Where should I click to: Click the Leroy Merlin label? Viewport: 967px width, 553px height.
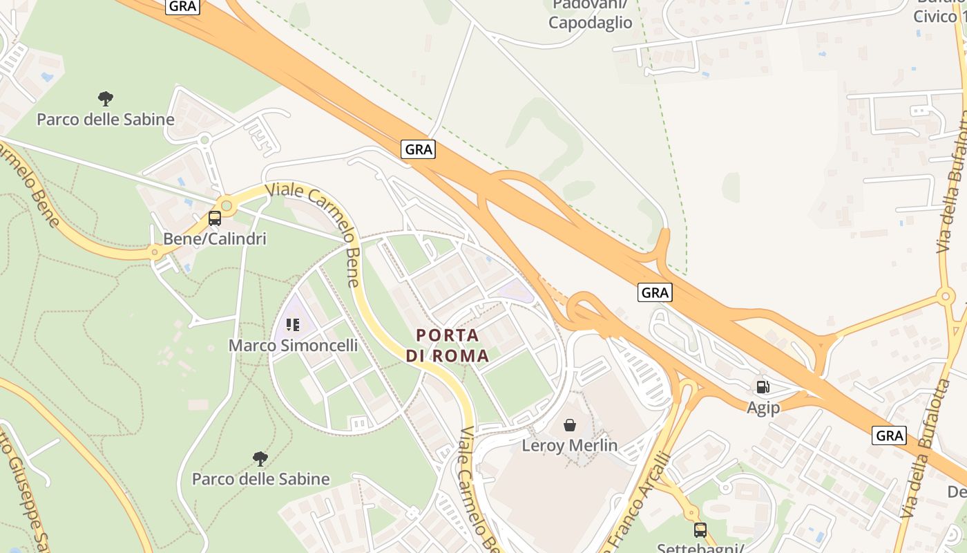tap(569, 446)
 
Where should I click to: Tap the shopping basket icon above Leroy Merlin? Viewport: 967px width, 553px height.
tap(569, 424)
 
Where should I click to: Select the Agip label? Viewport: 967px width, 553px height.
tap(763, 408)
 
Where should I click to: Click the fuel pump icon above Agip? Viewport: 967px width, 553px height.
tap(763, 387)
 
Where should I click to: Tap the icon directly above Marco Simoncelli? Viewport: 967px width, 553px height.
tap(292, 324)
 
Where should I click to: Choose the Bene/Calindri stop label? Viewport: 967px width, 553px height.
tap(214, 239)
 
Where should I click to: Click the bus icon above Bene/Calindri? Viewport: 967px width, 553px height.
tap(215, 219)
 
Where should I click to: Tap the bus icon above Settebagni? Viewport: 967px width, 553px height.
tap(700, 530)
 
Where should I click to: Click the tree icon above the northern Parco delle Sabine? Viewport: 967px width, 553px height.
tap(106, 99)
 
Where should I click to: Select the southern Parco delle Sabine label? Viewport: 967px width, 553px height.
tap(260, 479)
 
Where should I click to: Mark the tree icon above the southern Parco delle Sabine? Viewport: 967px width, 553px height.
tap(260, 458)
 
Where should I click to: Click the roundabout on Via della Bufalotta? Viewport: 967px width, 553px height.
tap(946, 297)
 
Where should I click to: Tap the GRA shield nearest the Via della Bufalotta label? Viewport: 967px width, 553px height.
tap(889, 435)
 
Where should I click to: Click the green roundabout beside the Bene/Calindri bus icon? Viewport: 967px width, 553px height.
tap(227, 205)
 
